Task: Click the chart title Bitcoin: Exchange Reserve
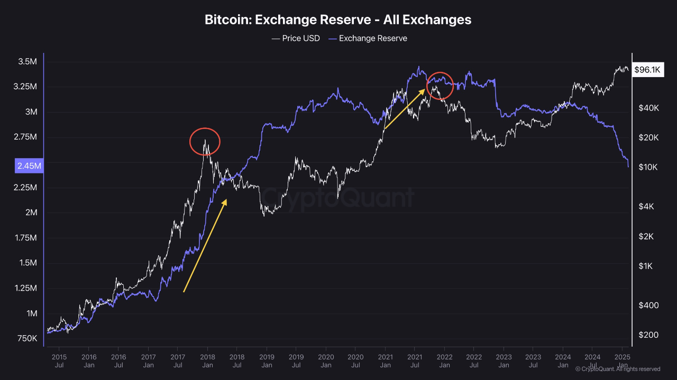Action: click(x=338, y=20)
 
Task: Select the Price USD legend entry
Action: click(x=296, y=38)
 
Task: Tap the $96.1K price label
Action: click(x=647, y=70)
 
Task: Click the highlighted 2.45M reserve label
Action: click(x=30, y=166)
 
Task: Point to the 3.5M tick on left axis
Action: click(x=27, y=62)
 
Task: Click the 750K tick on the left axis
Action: click(x=27, y=338)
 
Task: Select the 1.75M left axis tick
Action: click(x=27, y=238)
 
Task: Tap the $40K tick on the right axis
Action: click(x=648, y=108)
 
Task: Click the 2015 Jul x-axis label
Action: click(x=59, y=360)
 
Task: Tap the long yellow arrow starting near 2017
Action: click(x=205, y=245)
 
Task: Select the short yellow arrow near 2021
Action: click(x=405, y=109)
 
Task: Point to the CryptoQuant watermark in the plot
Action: click(x=338, y=198)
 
